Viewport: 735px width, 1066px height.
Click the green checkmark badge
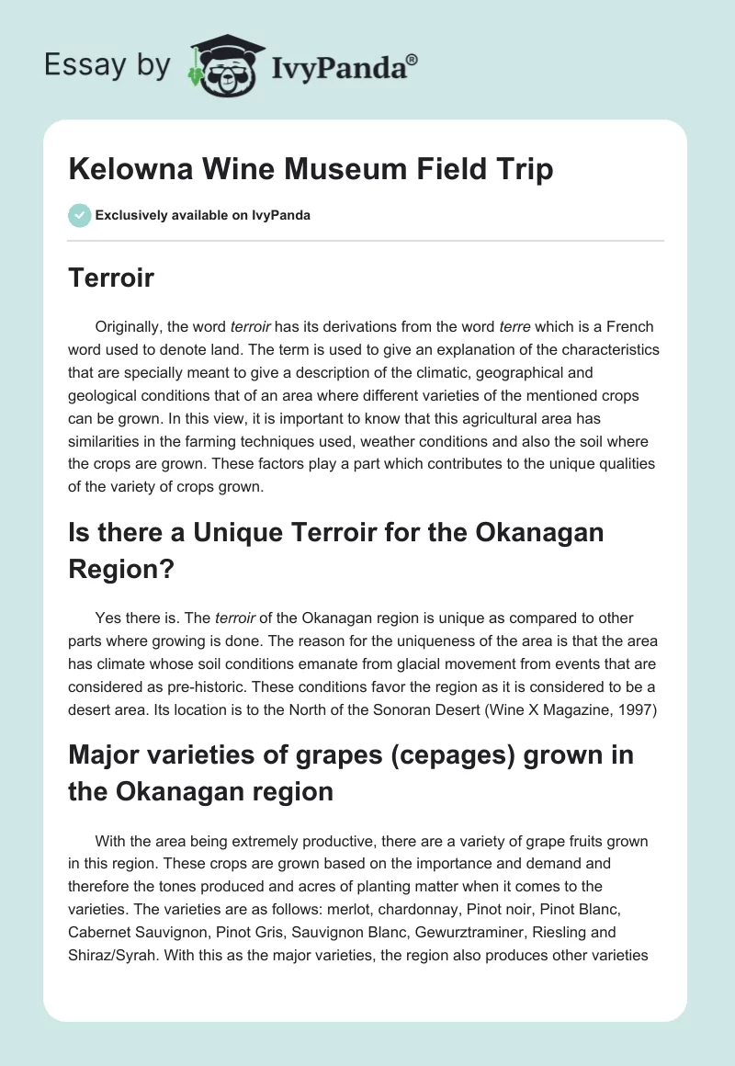click(x=80, y=216)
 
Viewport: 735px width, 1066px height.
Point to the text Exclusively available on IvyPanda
click(x=203, y=216)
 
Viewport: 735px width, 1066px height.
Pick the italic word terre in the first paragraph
click(x=514, y=327)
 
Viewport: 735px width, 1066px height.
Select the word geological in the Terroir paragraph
click(x=102, y=396)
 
